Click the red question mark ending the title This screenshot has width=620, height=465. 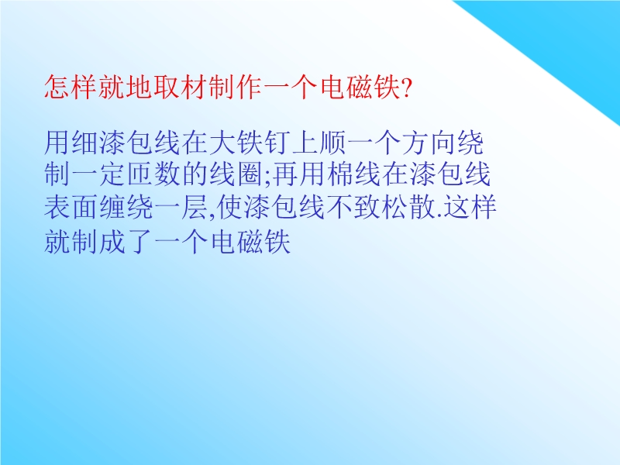(405, 88)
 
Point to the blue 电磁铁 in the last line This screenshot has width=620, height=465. (250, 241)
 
